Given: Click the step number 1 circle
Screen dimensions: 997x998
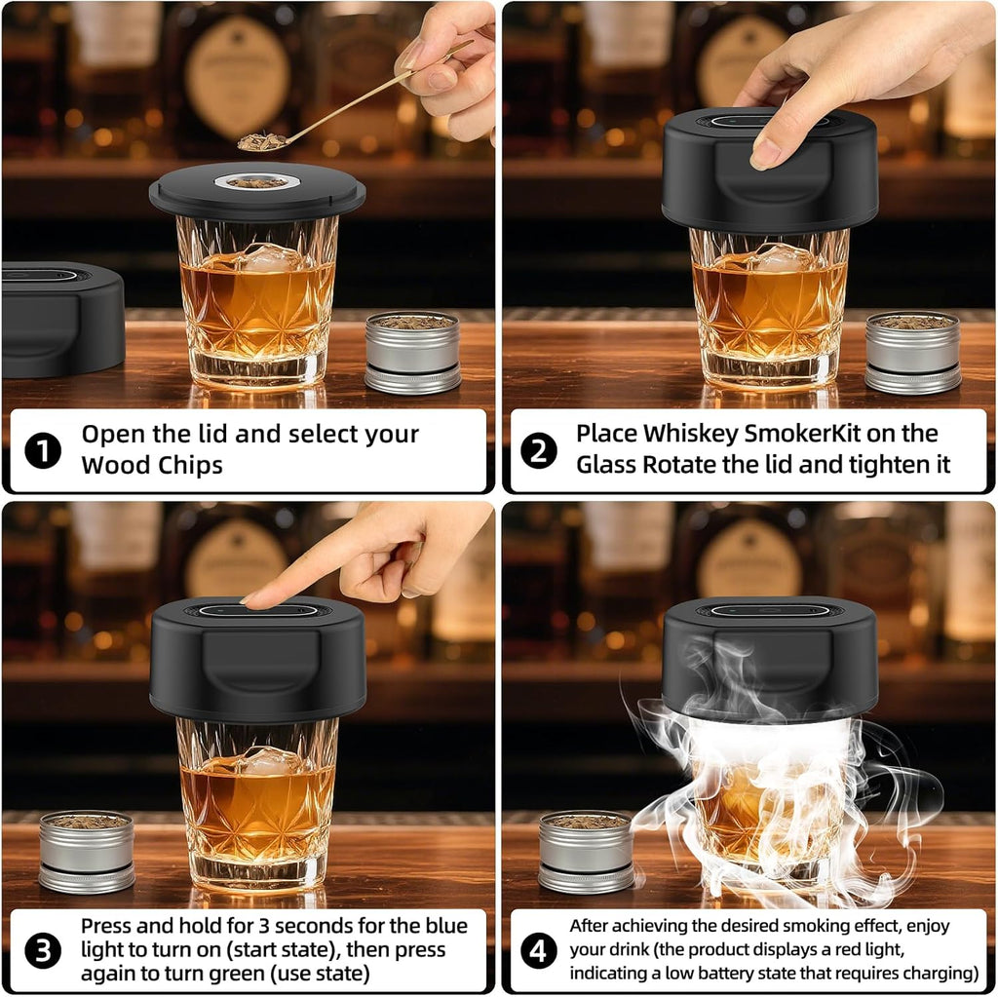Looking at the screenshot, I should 42,451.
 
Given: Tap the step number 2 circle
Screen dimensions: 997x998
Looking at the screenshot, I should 539,451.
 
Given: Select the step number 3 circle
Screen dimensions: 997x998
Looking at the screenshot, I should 42,951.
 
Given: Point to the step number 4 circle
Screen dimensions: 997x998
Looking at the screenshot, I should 539,951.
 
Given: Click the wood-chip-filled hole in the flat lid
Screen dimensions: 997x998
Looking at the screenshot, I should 257,181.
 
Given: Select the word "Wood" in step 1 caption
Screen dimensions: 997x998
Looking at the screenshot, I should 112,465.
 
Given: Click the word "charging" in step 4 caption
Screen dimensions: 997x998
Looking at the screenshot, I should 941,973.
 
